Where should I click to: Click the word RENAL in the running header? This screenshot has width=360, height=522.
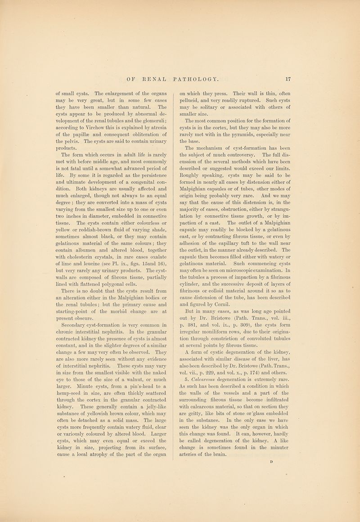155,78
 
